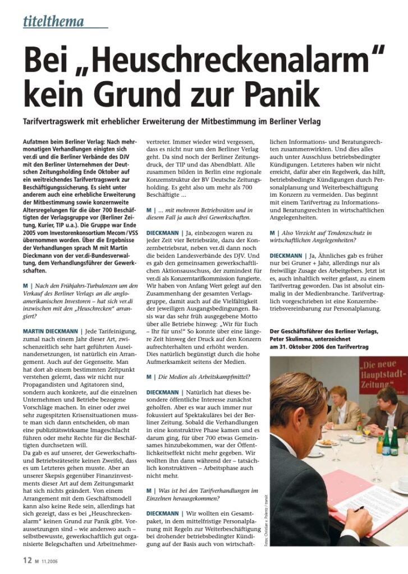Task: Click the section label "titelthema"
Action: point(54,22)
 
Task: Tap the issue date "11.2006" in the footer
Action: point(49,560)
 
